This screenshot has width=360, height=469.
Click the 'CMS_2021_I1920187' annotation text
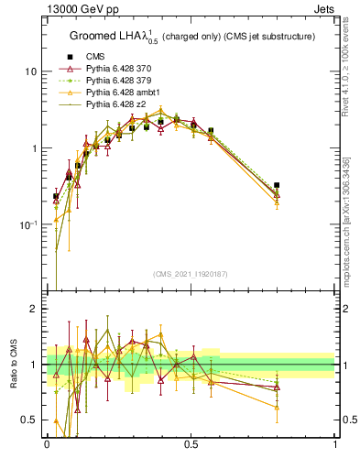click(x=191, y=274)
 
